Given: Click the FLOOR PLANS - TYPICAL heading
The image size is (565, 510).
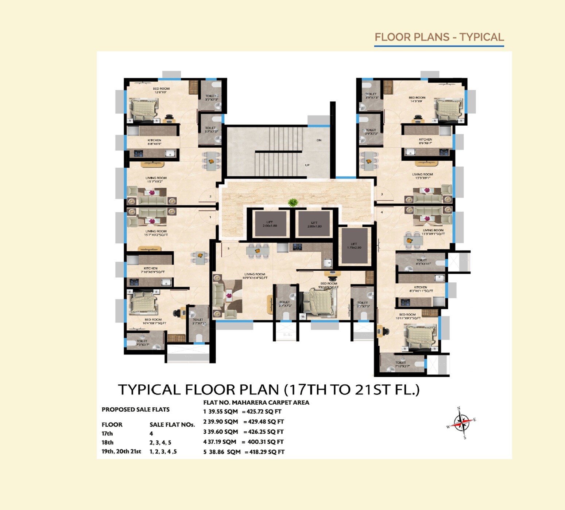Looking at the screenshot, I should click(x=439, y=37).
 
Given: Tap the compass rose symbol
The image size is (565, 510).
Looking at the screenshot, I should click(x=461, y=423).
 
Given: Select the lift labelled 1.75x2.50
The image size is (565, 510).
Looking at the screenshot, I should click(x=354, y=246).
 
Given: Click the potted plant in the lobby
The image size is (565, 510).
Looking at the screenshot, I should click(x=293, y=203).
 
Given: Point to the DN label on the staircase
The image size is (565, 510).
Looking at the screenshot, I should click(x=319, y=140).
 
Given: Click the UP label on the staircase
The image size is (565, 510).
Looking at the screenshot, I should click(x=307, y=165).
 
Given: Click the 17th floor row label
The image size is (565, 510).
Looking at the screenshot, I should click(x=107, y=433).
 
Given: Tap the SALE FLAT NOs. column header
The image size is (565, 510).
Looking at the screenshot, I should click(x=172, y=425).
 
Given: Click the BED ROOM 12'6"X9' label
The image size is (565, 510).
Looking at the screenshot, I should click(x=161, y=90).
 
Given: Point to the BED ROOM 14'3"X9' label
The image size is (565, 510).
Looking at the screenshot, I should click(x=417, y=99).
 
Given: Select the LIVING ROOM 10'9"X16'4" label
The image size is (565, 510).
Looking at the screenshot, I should click(x=255, y=276).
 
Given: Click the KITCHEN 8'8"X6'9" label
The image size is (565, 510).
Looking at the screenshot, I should click(x=154, y=142).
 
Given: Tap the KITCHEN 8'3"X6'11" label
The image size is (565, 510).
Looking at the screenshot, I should click(x=421, y=289).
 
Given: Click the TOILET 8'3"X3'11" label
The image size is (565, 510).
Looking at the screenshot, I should click(x=423, y=262).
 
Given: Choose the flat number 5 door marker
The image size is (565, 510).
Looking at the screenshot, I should click(x=229, y=248).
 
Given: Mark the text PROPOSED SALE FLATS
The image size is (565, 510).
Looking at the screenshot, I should click(x=136, y=409).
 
